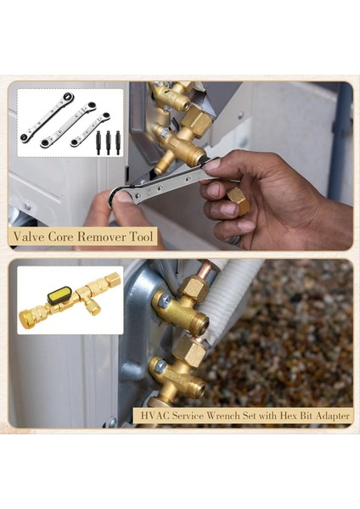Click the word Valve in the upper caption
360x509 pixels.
point(33,237)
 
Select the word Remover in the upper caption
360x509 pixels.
point(102,237)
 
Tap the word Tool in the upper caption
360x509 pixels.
point(141,237)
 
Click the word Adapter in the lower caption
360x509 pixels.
point(329,416)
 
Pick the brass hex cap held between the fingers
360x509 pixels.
point(239,202)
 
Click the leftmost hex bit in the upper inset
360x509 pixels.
point(97,139)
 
